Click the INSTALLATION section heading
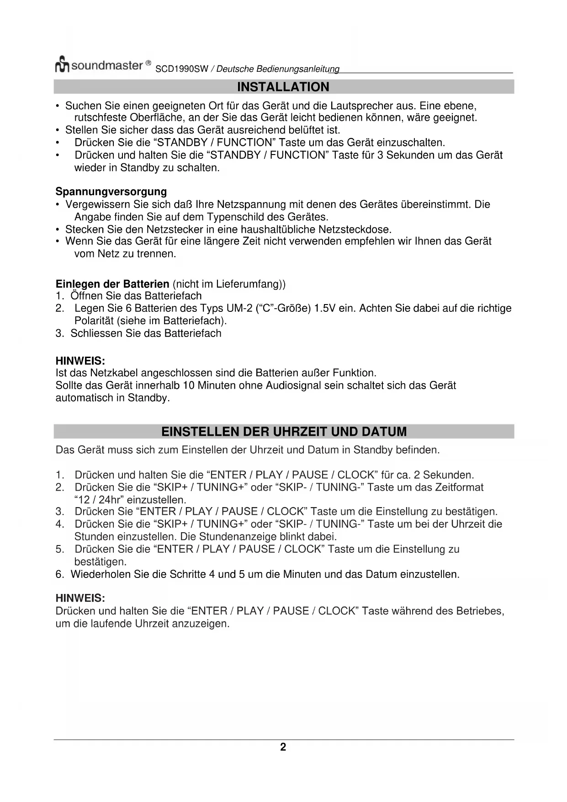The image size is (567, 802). click(283, 87)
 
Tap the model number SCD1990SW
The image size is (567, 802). click(182, 69)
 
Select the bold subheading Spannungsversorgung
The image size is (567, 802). click(111, 192)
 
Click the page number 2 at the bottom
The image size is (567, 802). click(283, 747)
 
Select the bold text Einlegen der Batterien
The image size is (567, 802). click(112, 284)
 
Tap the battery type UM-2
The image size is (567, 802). click(239, 309)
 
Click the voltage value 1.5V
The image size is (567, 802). click(325, 309)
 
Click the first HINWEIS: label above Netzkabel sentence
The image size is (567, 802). click(80, 361)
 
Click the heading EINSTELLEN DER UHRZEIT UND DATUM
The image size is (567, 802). click(284, 432)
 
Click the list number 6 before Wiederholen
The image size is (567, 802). click(59, 574)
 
